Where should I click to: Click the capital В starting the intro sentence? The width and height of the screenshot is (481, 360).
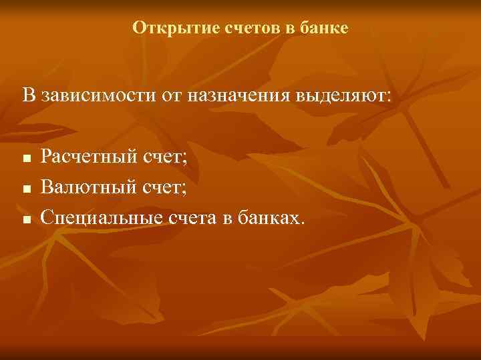pos(28,95)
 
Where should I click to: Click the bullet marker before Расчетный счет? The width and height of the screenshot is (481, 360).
pos(25,160)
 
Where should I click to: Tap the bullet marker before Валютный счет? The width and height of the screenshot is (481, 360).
pos(25,189)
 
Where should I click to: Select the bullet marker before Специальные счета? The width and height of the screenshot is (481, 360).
pos(25,219)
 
